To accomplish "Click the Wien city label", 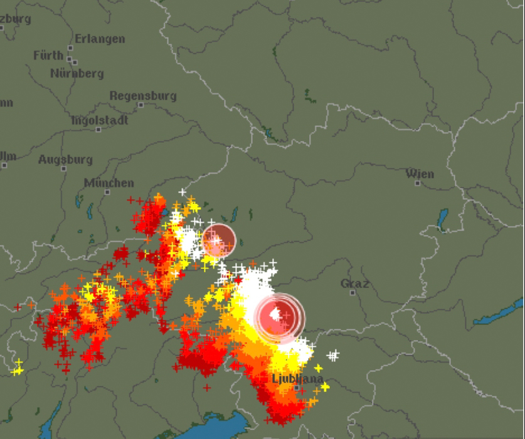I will click(420, 173).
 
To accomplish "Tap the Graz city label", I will click(354, 284).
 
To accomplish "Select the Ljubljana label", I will click(298, 379).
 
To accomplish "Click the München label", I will click(109, 183).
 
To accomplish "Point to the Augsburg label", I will click(65, 160).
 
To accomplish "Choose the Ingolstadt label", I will click(100, 120).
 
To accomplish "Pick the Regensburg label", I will click(143, 96).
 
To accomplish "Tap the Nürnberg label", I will click(77, 73).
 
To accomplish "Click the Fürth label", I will click(48, 55).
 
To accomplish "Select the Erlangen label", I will click(100, 39).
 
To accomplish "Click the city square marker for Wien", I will click(417, 183).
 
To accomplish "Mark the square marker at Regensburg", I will click(141, 105).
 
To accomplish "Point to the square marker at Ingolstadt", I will click(98, 129).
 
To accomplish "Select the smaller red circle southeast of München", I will click(218, 240).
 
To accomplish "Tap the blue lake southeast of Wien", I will click(443, 219).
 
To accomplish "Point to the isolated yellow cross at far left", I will click(18, 368).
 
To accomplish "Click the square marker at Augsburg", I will click(4, 165).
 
